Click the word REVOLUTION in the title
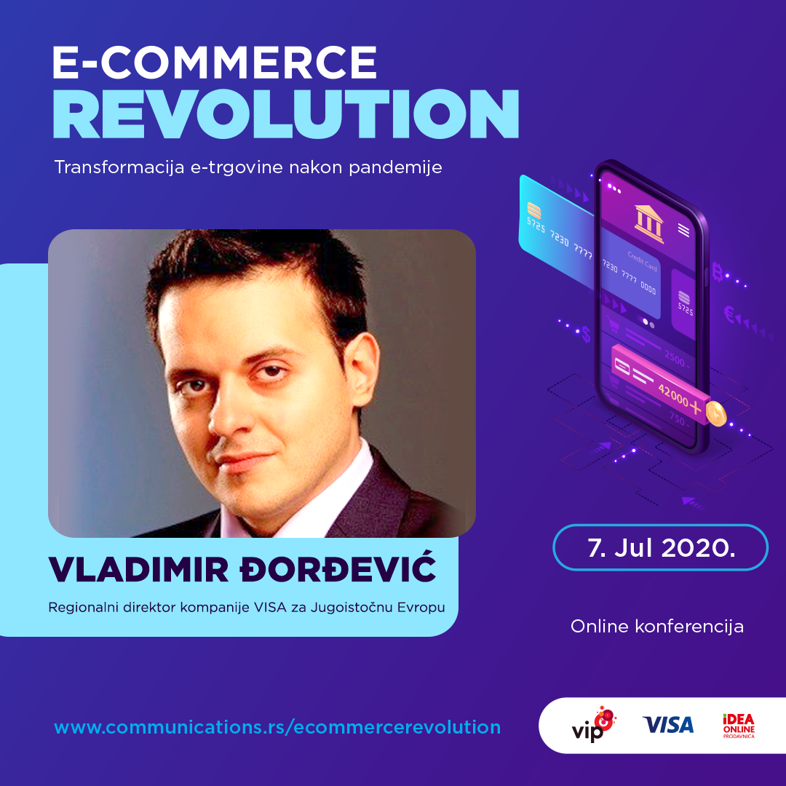(286, 114)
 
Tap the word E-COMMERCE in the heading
(215, 62)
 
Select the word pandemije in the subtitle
(395, 167)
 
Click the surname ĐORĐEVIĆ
(338, 569)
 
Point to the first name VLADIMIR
(139, 570)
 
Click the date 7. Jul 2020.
(661, 548)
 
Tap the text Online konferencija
(657, 627)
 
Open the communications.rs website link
(277, 727)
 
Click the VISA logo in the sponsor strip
(668, 725)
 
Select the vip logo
(594, 725)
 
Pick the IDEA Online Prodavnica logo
(739, 726)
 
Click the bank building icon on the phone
(649, 223)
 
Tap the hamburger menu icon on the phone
(683, 230)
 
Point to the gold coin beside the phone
(716, 414)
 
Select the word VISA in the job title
(270, 608)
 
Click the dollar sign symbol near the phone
(586, 334)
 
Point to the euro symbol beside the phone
(729, 315)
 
